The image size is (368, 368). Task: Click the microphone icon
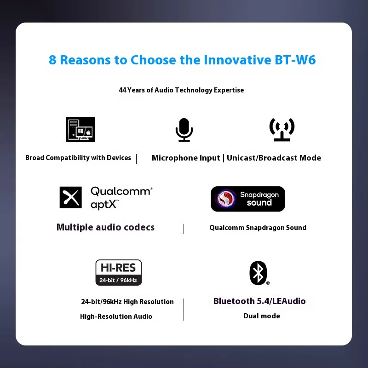click(x=184, y=130)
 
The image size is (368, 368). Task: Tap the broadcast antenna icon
click(x=282, y=130)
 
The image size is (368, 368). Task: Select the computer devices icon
click(x=80, y=129)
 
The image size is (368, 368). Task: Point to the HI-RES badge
click(x=118, y=272)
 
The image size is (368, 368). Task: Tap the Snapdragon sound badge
click(x=248, y=199)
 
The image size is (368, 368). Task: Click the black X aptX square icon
click(x=71, y=197)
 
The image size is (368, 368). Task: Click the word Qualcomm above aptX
click(x=121, y=191)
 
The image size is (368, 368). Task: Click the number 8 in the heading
click(x=52, y=60)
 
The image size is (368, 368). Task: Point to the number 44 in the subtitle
click(x=122, y=90)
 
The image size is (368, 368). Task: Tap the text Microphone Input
click(x=186, y=158)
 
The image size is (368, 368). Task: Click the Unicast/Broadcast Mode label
click(x=274, y=158)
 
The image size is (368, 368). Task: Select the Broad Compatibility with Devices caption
click(x=78, y=158)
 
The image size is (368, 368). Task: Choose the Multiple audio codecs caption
click(x=105, y=227)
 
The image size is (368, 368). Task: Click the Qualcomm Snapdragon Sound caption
click(x=258, y=227)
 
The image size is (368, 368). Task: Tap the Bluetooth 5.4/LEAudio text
click(x=259, y=301)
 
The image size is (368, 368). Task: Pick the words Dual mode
click(x=261, y=316)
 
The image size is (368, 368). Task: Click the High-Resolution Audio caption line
click(x=116, y=316)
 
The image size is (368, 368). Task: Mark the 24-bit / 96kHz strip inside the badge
click(x=118, y=280)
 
